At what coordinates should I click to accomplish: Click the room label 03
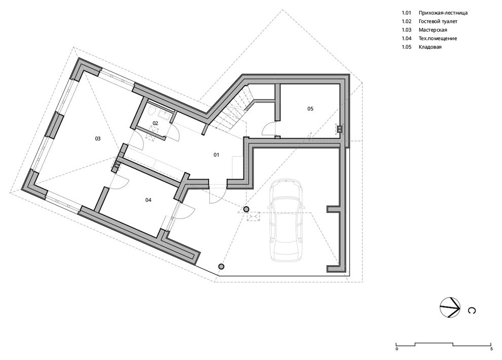(98, 138)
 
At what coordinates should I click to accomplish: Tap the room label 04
(148, 200)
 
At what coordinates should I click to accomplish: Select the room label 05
(310, 109)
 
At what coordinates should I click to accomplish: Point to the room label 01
(217, 155)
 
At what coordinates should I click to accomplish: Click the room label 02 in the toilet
(155, 123)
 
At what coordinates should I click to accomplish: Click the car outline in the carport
(286, 220)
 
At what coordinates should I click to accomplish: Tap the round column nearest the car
(246, 209)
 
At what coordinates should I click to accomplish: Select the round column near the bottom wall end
(221, 267)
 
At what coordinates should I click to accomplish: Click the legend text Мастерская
(433, 30)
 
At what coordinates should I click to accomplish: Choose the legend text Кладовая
(430, 47)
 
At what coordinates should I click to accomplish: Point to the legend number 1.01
(406, 13)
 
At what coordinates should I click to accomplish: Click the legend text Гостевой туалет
(438, 21)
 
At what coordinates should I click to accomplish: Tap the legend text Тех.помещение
(438, 39)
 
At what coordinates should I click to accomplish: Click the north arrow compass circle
(450, 307)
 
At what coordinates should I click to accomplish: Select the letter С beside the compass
(472, 311)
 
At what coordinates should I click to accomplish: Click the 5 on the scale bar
(491, 349)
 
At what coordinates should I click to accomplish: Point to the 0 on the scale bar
(397, 349)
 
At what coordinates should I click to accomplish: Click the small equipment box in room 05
(339, 129)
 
